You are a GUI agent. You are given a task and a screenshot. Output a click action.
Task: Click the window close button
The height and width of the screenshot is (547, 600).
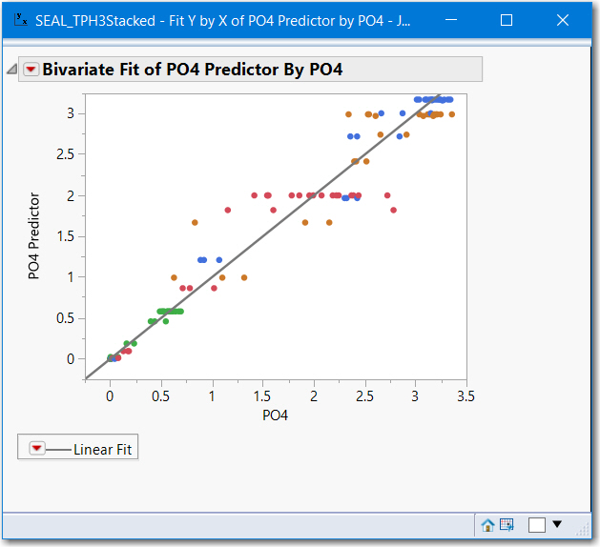pyautogui.click(x=562, y=20)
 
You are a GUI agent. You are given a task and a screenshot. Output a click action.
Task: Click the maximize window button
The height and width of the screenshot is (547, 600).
pyautogui.click(x=507, y=20)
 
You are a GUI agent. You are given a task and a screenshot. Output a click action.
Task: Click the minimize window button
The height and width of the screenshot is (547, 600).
pyautogui.click(x=451, y=20)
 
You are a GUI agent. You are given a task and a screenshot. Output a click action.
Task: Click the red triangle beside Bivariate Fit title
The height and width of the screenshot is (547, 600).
pyautogui.click(x=31, y=70)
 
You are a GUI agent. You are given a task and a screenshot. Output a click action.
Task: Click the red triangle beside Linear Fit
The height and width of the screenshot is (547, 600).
pyautogui.click(x=36, y=449)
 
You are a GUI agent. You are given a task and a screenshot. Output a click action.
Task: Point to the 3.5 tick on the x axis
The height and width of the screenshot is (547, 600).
pyautogui.click(x=466, y=395)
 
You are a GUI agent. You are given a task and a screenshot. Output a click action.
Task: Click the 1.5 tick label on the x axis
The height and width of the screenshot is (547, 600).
pyautogui.click(x=262, y=395)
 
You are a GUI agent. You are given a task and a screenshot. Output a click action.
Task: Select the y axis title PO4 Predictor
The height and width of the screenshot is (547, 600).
pyautogui.click(x=34, y=236)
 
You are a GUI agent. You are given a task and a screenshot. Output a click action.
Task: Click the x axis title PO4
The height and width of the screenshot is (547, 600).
pyautogui.click(x=275, y=415)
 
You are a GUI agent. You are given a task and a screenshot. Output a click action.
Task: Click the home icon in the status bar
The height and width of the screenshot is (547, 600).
pyautogui.click(x=487, y=524)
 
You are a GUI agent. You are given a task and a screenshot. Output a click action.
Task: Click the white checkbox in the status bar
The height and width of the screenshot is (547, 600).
pyautogui.click(x=537, y=524)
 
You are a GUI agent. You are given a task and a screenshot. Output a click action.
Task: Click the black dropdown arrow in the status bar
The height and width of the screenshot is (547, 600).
pyautogui.click(x=557, y=524)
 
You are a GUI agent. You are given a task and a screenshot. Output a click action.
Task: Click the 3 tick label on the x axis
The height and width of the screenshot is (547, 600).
pyautogui.click(x=415, y=395)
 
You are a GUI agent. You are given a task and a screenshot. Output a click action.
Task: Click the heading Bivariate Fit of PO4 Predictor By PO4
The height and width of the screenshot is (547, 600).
pyautogui.click(x=192, y=70)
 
